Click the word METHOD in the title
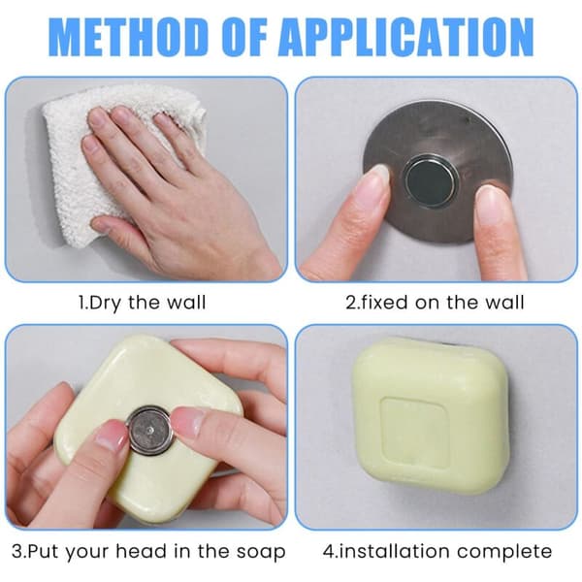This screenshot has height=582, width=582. tap(128, 37)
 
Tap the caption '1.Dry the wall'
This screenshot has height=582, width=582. tap(143, 303)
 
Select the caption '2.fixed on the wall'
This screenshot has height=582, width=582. tap(435, 302)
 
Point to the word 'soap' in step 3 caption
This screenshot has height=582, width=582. tap(261, 553)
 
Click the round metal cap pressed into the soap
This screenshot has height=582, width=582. tap(150, 430)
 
